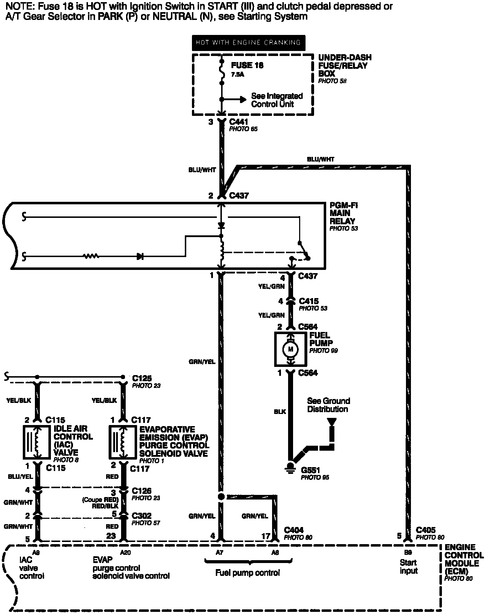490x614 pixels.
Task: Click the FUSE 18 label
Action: tap(247, 66)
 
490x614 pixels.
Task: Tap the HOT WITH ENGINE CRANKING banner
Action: tap(248, 43)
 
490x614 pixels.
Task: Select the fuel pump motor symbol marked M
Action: tap(290, 349)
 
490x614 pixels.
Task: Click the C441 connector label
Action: tap(239, 122)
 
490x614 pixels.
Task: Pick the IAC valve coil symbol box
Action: tap(37, 442)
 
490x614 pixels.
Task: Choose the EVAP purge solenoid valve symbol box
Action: tap(122, 442)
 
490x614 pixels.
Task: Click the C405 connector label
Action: tap(426, 530)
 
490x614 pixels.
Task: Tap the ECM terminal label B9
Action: tap(408, 552)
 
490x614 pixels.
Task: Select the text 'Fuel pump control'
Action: tap(247, 573)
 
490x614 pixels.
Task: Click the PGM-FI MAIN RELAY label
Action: tap(343, 213)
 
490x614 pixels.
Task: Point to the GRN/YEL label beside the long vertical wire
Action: tap(202, 362)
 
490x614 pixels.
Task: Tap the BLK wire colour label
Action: tap(280, 411)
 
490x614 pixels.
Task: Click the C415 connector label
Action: tap(309, 301)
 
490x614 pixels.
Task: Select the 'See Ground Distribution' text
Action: tap(328, 405)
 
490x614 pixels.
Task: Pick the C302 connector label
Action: tap(141, 516)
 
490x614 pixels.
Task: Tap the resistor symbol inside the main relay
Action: tap(91, 256)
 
